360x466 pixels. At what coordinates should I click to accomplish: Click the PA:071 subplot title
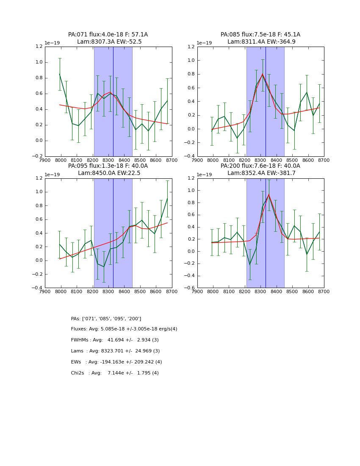click(x=108, y=35)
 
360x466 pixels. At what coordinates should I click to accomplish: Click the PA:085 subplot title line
click(x=260, y=35)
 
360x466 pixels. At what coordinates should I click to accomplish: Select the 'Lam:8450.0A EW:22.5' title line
click(x=108, y=173)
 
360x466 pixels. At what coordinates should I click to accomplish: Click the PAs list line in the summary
click(x=106, y=319)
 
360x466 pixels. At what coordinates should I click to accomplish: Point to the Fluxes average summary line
click(x=124, y=329)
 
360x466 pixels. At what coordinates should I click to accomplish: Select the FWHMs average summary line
click(x=115, y=340)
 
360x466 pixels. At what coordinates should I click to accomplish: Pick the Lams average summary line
click(x=115, y=351)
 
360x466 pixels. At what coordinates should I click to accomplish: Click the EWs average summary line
click(x=116, y=362)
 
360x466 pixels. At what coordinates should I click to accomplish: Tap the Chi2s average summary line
click(x=115, y=373)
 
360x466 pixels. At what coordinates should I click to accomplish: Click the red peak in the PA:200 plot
click(x=269, y=194)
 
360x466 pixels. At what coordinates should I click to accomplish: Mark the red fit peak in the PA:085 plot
click(x=262, y=75)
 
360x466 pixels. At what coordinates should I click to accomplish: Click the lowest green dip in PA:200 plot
click(x=249, y=264)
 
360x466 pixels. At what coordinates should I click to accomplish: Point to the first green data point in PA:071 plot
click(x=60, y=74)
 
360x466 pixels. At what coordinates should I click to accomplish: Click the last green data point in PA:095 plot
click(x=167, y=198)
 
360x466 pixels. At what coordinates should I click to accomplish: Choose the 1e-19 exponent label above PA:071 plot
click(x=53, y=43)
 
